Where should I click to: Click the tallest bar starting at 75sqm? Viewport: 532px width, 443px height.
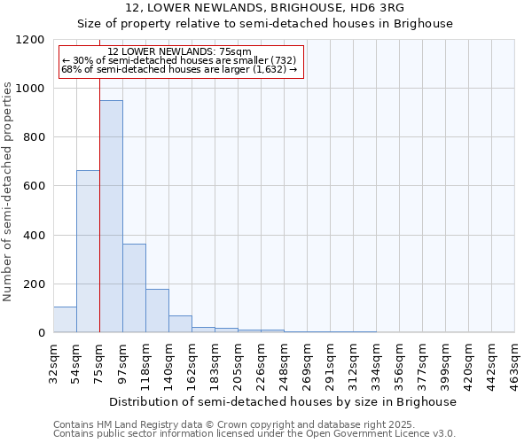pos(111,216)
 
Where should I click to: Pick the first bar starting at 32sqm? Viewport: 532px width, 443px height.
pos(65,320)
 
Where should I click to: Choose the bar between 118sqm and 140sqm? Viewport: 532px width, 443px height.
pos(157,311)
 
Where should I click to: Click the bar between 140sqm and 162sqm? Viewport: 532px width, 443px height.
pos(180,324)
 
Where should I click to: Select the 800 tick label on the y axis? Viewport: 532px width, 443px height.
pos(34,137)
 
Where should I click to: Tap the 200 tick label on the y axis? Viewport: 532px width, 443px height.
pos(34,284)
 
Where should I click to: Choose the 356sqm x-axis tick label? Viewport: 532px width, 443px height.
pos(399,362)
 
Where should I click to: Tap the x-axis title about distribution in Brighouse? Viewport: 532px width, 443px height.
pos(284,401)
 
